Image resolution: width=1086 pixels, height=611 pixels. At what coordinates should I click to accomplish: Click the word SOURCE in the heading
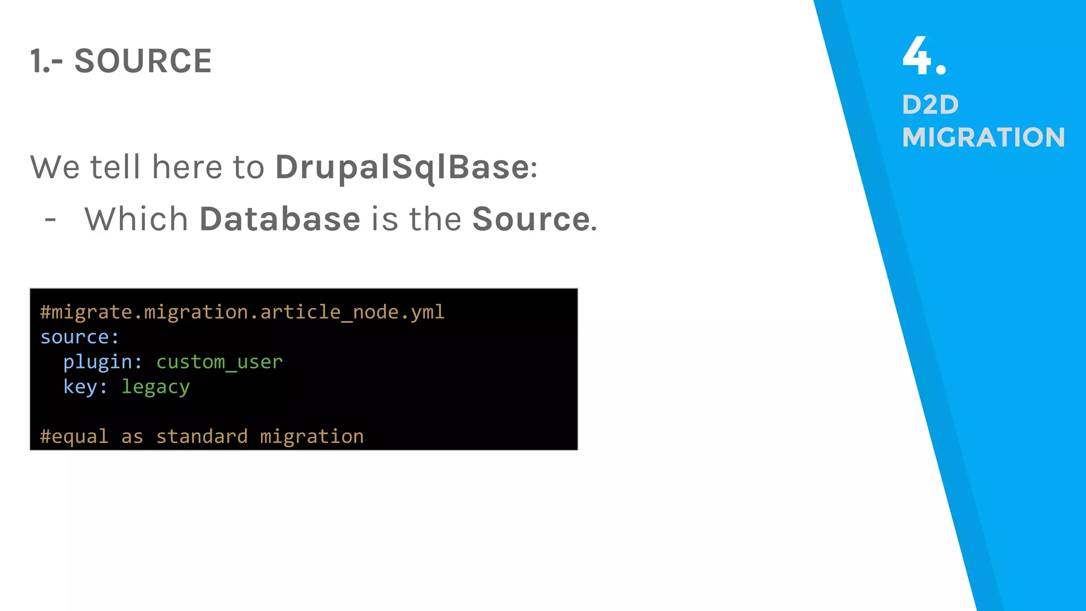pos(143,61)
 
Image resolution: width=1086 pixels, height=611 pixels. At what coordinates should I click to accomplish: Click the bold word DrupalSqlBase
pos(402,168)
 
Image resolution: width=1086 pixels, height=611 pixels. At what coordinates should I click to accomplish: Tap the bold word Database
pos(279,219)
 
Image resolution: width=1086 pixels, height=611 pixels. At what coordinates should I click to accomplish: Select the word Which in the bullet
pos(136,219)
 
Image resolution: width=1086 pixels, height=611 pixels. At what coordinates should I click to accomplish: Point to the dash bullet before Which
pos(50,219)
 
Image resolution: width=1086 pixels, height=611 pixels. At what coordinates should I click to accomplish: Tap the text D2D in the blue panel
pos(930,104)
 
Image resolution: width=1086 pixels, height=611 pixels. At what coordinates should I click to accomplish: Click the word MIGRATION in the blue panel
pos(983,137)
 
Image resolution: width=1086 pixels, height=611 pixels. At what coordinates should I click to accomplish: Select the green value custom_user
pos(219,362)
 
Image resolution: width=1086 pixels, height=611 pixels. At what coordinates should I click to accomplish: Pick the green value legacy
pos(155,387)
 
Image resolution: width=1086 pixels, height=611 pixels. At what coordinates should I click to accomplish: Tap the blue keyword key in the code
pos(80,387)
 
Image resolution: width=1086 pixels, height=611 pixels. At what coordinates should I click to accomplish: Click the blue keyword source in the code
pos(75,337)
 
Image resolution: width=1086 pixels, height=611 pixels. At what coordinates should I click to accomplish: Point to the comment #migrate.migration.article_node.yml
pos(242,312)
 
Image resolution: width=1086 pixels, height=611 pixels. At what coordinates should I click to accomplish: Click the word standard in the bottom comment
pos(202,437)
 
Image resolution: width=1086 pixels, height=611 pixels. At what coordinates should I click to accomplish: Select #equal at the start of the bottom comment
pos(74,437)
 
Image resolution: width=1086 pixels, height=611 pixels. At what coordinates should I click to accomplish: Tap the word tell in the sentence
pos(115,168)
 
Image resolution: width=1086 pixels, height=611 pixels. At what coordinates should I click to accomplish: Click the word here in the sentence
pos(187,168)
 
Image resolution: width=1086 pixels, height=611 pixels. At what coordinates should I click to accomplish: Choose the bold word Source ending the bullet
pos(531,219)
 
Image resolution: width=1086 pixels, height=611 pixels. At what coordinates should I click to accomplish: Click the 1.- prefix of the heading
pos(46,61)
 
